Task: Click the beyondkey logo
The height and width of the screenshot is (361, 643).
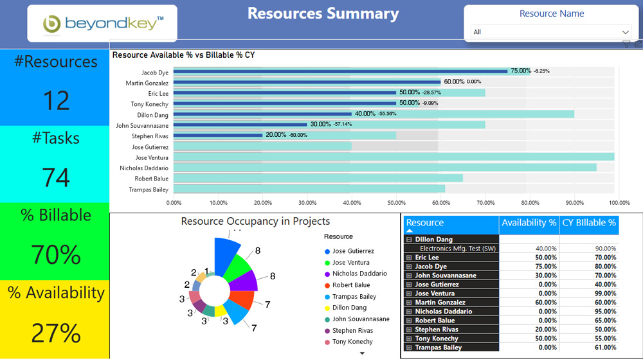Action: click(x=102, y=24)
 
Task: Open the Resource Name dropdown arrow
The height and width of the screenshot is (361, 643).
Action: click(x=626, y=32)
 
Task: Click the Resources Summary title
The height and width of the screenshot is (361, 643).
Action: click(x=323, y=13)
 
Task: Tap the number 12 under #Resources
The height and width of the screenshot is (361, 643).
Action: click(x=55, y=101)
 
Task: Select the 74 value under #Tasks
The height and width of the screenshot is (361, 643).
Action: click(x=55, y=177)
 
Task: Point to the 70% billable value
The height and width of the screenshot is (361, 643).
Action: click(x=55, y=255)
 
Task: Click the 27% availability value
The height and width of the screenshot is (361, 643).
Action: click(x=55, y=333)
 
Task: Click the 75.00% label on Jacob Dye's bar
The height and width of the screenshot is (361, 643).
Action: click(x=520, y=71)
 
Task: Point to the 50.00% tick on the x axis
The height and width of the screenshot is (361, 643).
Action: click(x=396, y=203)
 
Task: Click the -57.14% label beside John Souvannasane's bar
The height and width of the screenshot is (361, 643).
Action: click(x=343, y=125)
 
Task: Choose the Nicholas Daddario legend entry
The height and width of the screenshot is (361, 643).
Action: click(x=359, y=274)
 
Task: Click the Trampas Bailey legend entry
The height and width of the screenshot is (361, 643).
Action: click(x=354, y=297)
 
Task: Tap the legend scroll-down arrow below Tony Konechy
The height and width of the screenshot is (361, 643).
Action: click(x=361, y=353)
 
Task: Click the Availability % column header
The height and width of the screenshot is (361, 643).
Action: click(x=529, y=223)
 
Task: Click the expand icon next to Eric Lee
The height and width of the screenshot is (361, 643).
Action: click(x=409, y=258)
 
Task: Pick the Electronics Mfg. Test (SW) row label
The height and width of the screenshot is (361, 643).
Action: click(x=457, y=249)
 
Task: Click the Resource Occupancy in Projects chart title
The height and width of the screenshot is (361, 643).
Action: click(x=255, y=222)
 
